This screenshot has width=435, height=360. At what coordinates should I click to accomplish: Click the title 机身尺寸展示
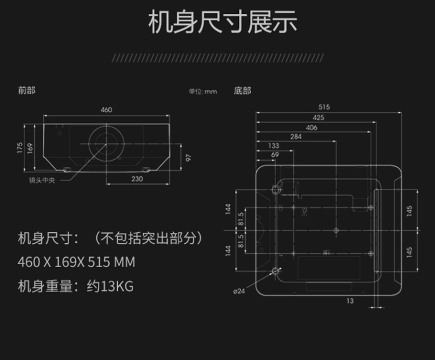223,22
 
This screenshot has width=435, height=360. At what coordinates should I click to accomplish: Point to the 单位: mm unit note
202,91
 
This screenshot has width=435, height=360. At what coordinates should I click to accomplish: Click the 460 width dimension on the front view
106,110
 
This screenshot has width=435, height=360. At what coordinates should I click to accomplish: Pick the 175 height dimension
19,148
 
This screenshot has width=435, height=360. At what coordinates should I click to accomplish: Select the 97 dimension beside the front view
188,157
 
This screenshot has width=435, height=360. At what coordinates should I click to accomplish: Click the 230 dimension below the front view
137,179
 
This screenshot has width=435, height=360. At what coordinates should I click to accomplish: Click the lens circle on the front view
106,142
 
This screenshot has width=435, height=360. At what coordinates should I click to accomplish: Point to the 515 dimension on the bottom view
324,107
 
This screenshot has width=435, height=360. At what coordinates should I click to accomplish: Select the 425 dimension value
318,117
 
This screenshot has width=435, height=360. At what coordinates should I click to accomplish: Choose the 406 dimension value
311,127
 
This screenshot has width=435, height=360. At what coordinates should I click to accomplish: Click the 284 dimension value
296,137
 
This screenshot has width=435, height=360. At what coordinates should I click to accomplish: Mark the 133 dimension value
274,146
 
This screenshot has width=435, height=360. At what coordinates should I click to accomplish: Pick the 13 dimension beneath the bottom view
350,300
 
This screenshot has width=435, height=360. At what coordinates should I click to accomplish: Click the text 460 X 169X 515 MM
77,262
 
